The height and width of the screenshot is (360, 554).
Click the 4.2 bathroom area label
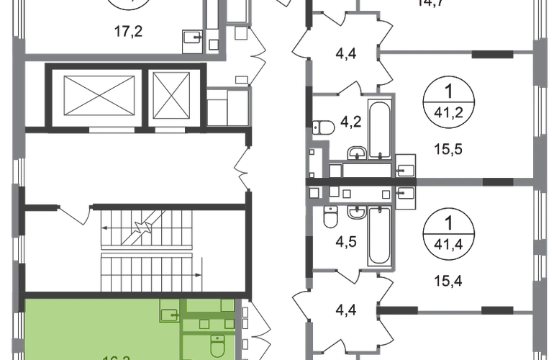(352, 123)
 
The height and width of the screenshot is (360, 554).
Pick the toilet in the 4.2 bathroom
(322, 131)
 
